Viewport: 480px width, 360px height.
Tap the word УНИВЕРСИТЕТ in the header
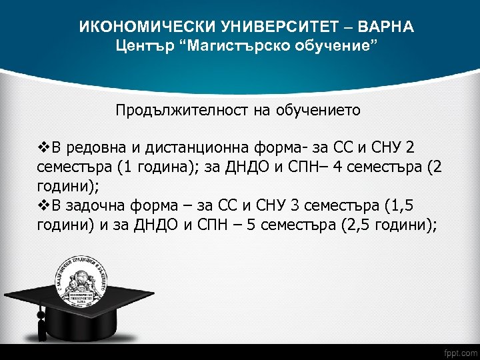pyautogui.click(x=270, y=27)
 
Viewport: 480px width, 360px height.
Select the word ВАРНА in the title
pyautogui.click(x=386, y=27)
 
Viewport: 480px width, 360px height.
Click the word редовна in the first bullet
pyautogui.click(x=89, y=147)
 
